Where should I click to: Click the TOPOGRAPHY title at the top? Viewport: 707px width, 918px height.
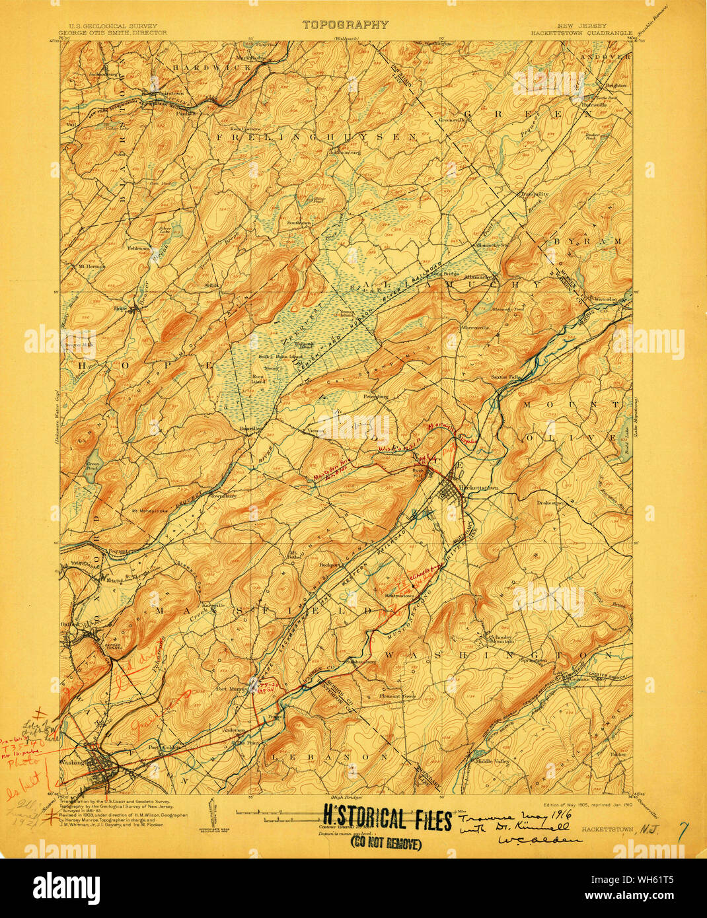click(x=345, y=24)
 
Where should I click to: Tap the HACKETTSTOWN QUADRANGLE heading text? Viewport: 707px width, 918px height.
click(x=581, y=32)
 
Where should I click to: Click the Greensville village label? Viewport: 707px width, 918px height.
click(x=454, y=120)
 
